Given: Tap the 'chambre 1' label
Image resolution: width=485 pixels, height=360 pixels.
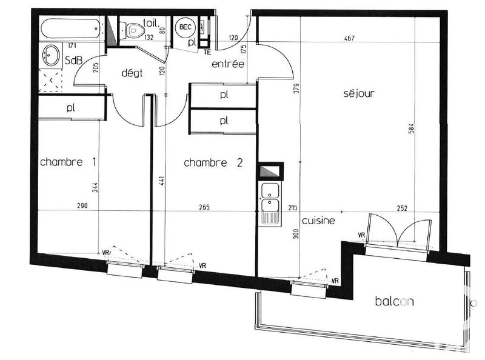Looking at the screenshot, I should [x=69, y=162].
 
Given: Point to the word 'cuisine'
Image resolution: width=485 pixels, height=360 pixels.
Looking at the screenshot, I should [x=318, y=221].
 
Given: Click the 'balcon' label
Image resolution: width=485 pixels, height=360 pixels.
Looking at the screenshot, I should [x=394, y=301].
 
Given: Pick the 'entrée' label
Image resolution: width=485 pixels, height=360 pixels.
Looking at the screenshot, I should [x=227, y=64].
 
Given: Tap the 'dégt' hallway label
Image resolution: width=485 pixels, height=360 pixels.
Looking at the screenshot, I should [x=131, y=73].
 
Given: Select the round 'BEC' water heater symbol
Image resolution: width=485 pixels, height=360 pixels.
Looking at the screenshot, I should [x=185, y=28].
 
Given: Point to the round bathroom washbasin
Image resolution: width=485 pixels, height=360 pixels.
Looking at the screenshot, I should [x=50, y=56].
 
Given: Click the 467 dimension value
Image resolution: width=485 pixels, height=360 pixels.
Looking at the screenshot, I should [x=348, y=38].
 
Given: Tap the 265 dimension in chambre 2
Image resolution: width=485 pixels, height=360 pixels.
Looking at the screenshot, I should [x=203, y=207].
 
